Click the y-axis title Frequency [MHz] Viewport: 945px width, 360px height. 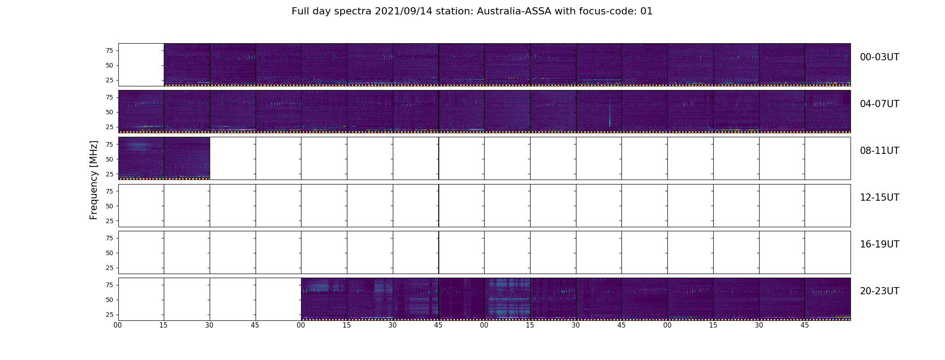(x=94, y=180)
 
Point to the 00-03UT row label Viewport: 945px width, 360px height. (x=879, y=57)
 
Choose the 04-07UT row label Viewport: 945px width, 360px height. (x=879, y=104)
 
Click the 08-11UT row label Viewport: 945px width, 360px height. (x=879, y=151)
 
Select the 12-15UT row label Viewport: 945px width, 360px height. (x=879, y=198)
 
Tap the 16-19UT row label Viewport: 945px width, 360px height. (x=879, y=244)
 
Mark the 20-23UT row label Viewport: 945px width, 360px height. (x=879, y=291)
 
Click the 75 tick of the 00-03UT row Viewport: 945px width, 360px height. (x=109, y=50)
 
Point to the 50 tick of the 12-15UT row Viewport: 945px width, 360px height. (x=109, y=206)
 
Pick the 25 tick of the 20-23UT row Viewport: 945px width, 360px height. (x=109, y=315)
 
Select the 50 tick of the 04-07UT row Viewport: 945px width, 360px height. (x=109, y=112)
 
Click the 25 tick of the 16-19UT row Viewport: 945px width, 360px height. (x=109, y=268)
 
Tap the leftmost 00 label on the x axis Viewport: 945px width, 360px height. (x=118, y=325)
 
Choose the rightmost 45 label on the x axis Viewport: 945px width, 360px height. (x=805, y=325)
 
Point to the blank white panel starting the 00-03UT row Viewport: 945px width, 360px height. (x=141, y=64)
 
